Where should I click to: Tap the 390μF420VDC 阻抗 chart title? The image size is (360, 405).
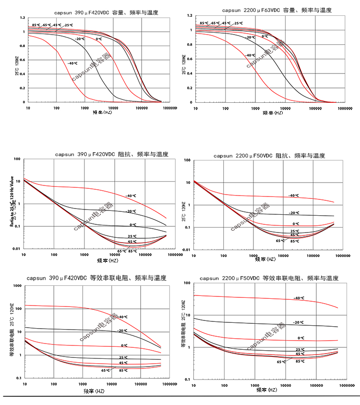pyautogui.click(x=111, y=155)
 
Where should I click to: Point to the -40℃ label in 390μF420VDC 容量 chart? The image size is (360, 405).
pyautogui.click(x=72, y=63)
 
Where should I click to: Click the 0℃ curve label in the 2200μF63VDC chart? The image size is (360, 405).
pyautogui.click(x=265, y=36)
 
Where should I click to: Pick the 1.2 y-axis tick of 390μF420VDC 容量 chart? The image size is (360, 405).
pyautogui.click(x=22, y=18)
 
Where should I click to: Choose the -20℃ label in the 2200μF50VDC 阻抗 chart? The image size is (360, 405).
pyautogui.click(x=294, y=213)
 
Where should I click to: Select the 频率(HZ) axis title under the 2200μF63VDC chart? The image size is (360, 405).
pyautogui.click(x=273, y=113)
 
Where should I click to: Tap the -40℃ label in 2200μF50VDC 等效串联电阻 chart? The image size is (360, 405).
pyautogui.click(x=299, y=298)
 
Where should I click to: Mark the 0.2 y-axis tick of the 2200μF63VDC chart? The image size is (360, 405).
pyautogui.click(x=191, y=88)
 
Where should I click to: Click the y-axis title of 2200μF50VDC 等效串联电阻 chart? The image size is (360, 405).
pyautogui.click(x=183, y=324)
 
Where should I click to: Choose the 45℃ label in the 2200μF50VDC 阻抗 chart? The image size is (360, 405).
pyautogui.click(x=294, y=234)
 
